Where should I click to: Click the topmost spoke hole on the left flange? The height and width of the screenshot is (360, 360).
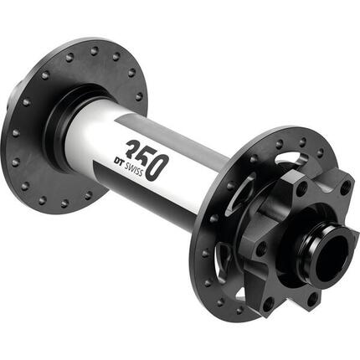point(92,48)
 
